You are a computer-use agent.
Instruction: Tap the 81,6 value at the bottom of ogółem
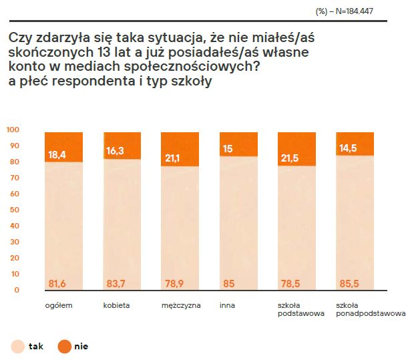point(58,285)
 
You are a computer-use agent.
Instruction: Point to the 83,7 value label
point(116,285)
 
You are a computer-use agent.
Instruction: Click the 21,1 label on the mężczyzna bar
point(174,158)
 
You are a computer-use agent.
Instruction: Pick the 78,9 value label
point(174,285)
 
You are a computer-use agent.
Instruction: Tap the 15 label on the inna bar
point(228,150)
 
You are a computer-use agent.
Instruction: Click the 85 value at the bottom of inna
point(228,285)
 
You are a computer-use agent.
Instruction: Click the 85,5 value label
point(348,285)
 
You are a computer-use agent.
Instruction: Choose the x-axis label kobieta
point(116,306)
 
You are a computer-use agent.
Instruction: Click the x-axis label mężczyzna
point(176,306)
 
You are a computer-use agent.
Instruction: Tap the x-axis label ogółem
point(58,306)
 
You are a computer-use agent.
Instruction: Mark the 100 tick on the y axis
point(13,129)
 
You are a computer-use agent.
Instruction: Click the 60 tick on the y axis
point(15,194)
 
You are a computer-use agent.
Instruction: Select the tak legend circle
point(17,346)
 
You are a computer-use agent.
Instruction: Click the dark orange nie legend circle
point(65,346)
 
